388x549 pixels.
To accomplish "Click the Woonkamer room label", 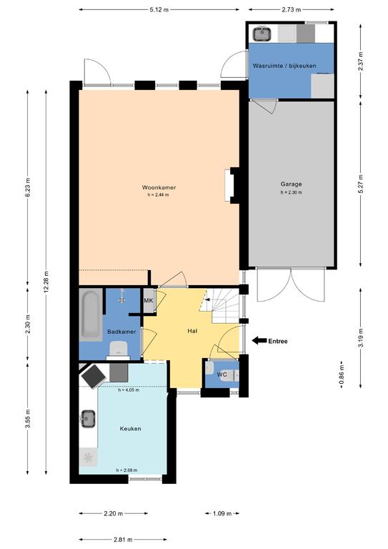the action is pos(159,187).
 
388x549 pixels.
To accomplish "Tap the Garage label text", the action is pos(291,184).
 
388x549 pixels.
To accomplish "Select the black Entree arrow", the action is pos(259,340).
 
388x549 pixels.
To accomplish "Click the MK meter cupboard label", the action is pos(149,300).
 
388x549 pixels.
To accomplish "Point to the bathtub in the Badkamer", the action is pos(91,315).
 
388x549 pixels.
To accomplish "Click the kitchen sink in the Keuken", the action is pos(89,419).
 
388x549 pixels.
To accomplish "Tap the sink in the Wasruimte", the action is pos(262,34).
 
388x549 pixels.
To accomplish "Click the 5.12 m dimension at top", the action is pos(159,10).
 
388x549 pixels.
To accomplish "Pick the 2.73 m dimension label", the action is pos(291,10).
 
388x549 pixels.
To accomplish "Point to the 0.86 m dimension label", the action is pos(342,375).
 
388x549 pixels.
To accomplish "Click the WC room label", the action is pos(222,375).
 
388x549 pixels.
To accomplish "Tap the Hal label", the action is pos(192,330).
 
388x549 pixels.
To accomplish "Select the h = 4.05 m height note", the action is pos(129,390).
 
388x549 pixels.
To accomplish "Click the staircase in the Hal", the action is pos(222,305).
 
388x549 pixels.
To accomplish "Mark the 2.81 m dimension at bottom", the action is pos(123,540).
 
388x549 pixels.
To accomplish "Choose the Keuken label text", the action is pos(131,429).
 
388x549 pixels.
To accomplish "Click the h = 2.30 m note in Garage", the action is pos(291,192).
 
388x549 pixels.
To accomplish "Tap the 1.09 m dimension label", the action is pos(222,514).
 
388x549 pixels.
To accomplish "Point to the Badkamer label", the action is pos(121,332).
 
